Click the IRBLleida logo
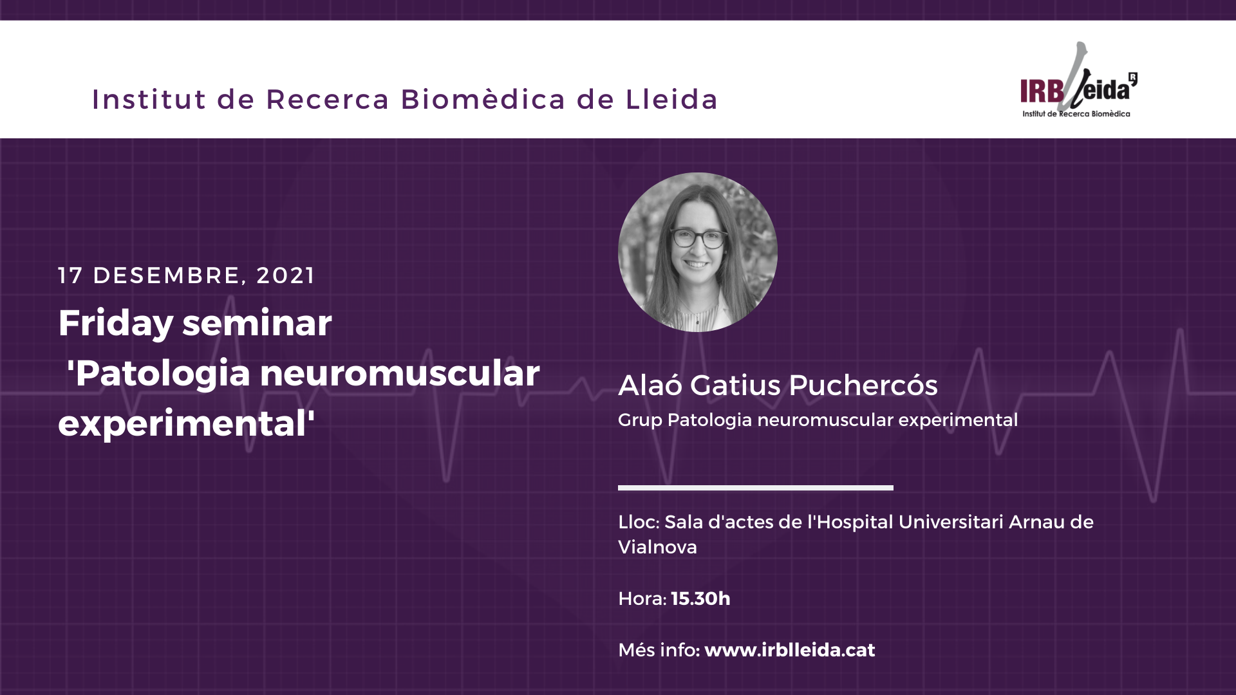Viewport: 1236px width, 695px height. [1079, 80]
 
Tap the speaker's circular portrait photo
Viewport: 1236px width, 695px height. [698, 252]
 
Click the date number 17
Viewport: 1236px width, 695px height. [70, 275]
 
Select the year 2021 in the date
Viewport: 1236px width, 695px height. [286, 275]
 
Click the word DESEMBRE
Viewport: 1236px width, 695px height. [167, 275]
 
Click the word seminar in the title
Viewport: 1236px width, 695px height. [257, 323]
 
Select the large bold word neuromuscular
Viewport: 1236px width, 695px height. [400, 374]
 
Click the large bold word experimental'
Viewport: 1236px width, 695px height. [187, 424]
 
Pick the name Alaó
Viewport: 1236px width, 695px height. [650, 385]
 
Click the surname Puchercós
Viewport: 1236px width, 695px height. [863, 385]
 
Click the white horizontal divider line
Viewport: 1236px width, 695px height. [756, 488]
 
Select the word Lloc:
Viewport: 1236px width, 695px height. [639, 522]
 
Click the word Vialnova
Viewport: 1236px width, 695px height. [657, 547]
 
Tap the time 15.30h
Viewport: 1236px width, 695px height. [700, 598]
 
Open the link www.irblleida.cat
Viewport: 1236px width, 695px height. [790, 650]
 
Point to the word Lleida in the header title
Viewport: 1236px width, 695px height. [672, 99]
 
